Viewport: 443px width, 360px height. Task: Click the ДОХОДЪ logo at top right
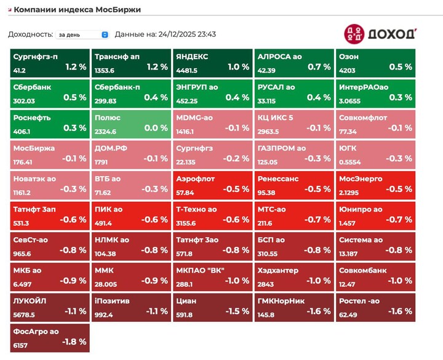(380, 33)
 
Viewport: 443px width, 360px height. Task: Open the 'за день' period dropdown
(82, 34)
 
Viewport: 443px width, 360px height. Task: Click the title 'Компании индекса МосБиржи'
(77, 10)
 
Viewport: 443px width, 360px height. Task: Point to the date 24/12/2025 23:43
(182, 34)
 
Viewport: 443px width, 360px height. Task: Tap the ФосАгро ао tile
(49, 338)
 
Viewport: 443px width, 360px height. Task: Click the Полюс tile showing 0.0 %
(130, 124)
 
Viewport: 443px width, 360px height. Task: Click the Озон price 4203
(348, 71)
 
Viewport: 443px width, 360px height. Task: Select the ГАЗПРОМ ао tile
(293, 154)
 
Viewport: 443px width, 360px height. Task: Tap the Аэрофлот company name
(195, 178)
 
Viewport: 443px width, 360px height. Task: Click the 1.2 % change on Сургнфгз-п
(76, 66)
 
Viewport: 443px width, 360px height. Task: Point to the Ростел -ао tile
(375, 306)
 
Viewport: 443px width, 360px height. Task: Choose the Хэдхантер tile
(293, 276)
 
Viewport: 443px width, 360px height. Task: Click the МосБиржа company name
(34, 148)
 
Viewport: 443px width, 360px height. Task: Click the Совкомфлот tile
(375, 124)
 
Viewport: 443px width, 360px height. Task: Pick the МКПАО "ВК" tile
(212, 276)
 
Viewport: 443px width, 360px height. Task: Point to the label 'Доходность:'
(30, 34)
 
